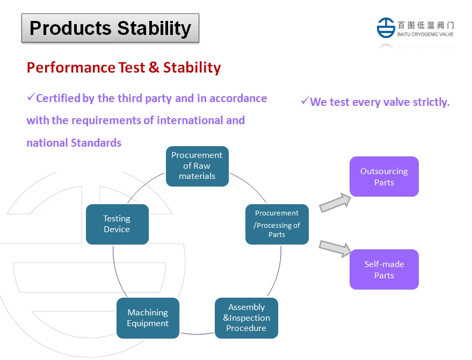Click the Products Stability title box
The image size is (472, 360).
click(x=110, y=28)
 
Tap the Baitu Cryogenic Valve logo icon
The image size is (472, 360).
click(x=386, y=27)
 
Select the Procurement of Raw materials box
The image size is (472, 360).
click(x=197, y=166)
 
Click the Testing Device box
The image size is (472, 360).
click(x=117, y=224)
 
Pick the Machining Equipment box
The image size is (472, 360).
click(x=148, y=318)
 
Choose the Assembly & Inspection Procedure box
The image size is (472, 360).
click(x=246, y=318)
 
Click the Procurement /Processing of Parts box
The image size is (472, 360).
click(x=277, y=224)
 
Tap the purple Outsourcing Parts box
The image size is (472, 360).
click(x=384, y=177)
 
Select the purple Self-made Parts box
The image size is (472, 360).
click(x=384, y=270)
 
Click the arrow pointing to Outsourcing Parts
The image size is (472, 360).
click(x=335, y=203)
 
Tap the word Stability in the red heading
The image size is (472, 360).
click(x=192, y=68)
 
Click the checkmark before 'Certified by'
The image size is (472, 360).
click(x=31, y=97)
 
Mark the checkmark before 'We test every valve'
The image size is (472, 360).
click(x=304, y=100)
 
